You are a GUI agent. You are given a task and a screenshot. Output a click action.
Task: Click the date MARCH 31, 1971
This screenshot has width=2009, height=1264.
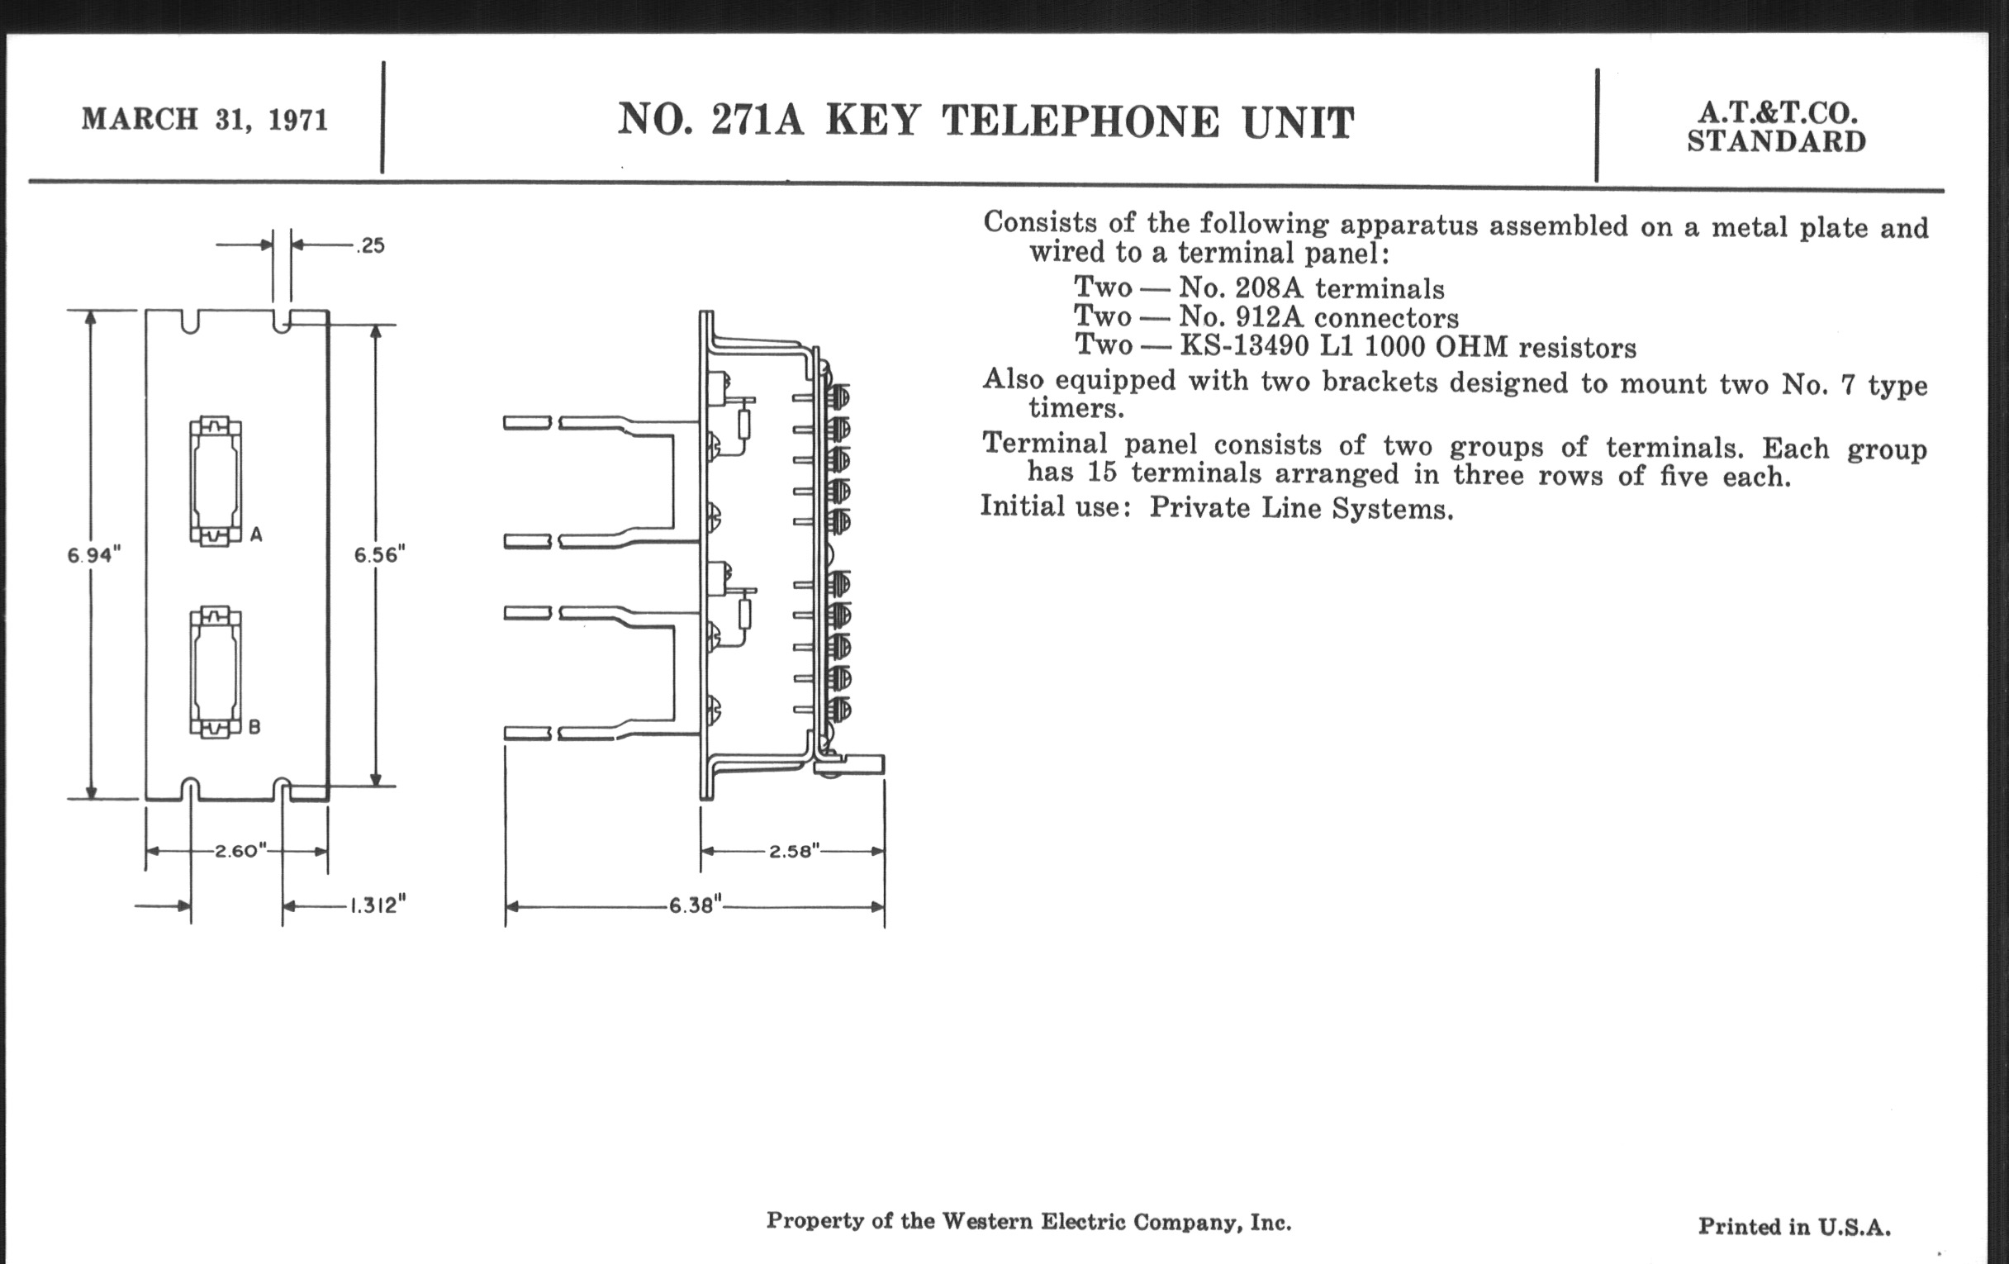pyautogui.click(x=204, y=119)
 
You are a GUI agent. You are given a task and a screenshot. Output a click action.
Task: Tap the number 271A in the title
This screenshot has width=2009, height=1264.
pyautogui.click(x=757, y=121)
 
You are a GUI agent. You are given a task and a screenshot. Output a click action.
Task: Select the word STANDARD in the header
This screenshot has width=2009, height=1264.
pyautogui.click(x=1776, y=142)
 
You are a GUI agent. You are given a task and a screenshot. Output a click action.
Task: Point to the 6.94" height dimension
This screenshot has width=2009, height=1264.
pyautogui.click(x=94, y=555)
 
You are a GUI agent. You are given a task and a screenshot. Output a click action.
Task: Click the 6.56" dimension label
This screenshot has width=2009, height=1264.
pyautogui.click(x=380, y=555)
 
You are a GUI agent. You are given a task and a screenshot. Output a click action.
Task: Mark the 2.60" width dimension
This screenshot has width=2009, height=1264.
pyautogui.click(x=240, y=851)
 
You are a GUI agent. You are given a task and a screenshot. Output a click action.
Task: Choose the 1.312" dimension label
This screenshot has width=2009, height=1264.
pyautogui.click(x=378, y=905)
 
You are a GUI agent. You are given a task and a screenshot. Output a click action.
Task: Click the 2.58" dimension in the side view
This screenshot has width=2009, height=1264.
pyautogui.click(x=794, y=851)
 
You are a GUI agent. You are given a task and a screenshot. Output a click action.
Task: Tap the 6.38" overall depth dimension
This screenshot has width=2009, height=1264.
pyautogui.click(x=695, y=906)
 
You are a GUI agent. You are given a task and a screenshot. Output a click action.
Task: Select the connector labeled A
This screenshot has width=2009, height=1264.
pyautogui.click(x=216, y=482)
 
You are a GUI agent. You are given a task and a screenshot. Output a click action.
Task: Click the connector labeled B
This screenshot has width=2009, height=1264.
pyautogui.click(x=216, y=672)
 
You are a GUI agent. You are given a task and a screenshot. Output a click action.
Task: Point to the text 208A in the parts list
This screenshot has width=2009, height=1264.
pyautogui.click(x=1269, y=288)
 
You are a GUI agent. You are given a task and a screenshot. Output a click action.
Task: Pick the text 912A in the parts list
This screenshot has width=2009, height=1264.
pyautogui.click(x=1269, y=318)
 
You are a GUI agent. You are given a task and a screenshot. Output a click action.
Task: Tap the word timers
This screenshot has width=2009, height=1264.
pyautogui.click(x=1076, y=409)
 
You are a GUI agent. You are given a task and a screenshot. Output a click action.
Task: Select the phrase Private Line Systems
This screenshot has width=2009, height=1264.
pyautogui.click(x=1301, y=508)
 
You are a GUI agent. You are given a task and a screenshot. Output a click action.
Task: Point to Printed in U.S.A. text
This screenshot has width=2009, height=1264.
pyautogui.click(x=1793, y=1227)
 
